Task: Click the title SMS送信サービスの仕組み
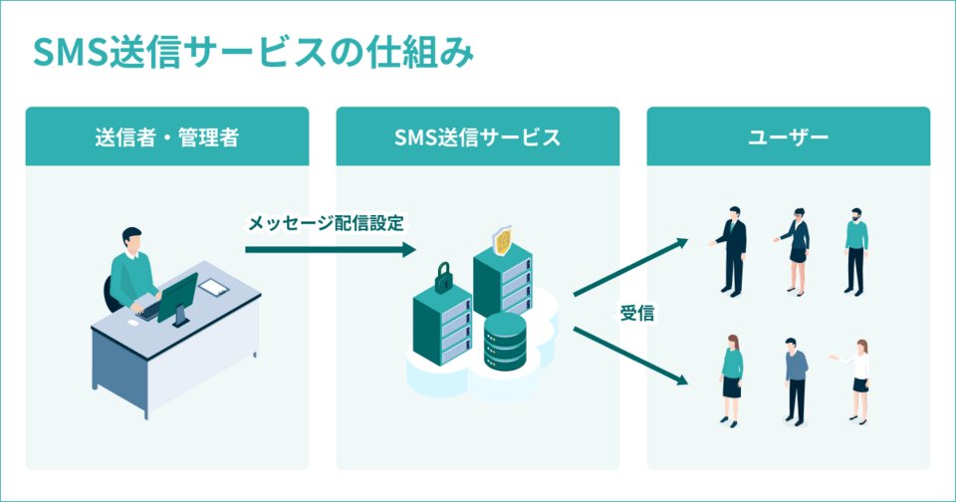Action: coord(252,52)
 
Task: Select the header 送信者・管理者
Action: coord(166,136)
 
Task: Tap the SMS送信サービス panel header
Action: coord(477,136)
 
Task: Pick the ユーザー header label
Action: coord(788,136)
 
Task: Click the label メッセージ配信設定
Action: coord(326,223)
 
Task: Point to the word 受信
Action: coord(636,313)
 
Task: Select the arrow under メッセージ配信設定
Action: coord(329,249)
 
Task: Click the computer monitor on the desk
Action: coord(177,296)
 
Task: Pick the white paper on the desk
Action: coord(214,288)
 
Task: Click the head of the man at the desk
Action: coord(132,239)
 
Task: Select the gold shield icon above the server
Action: coord(504,240)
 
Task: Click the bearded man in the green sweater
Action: coord(855,249)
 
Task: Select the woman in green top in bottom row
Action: coord(732,379)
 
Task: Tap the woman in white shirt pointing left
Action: coord(858,379)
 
